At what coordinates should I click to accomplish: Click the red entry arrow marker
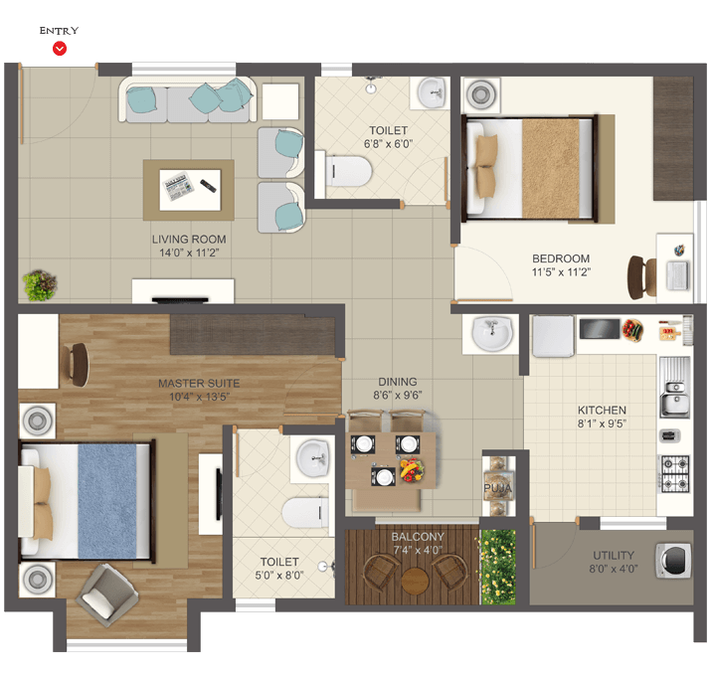coord(60,48)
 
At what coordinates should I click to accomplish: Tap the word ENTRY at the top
coord(59,31)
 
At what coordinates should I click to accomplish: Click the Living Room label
coord(189,240)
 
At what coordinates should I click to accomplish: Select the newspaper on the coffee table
coord(178,186)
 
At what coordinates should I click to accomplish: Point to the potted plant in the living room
coord(40,285)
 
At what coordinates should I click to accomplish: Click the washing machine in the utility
coord(673,561)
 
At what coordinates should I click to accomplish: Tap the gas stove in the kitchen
coord(675,474)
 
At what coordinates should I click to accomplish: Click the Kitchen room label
coord(602,411)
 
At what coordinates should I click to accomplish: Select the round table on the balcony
coord(415,581)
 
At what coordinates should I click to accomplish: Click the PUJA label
coord(497,488)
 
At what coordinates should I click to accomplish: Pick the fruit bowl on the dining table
coord(412,469)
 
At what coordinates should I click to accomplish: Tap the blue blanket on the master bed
coord(107,501)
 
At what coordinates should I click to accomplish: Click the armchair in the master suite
coord(107,595)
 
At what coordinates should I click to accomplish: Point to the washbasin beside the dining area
coord(492,334)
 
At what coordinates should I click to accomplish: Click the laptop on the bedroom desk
coord(677,275)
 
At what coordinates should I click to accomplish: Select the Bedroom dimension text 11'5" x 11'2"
coord(561,272)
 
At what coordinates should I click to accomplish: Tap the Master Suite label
coord(199,384)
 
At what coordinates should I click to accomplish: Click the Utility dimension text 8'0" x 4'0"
coord(614,569)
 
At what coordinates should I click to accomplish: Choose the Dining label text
coord(398,382)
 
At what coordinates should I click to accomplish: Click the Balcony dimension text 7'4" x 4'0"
coord(418,550)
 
